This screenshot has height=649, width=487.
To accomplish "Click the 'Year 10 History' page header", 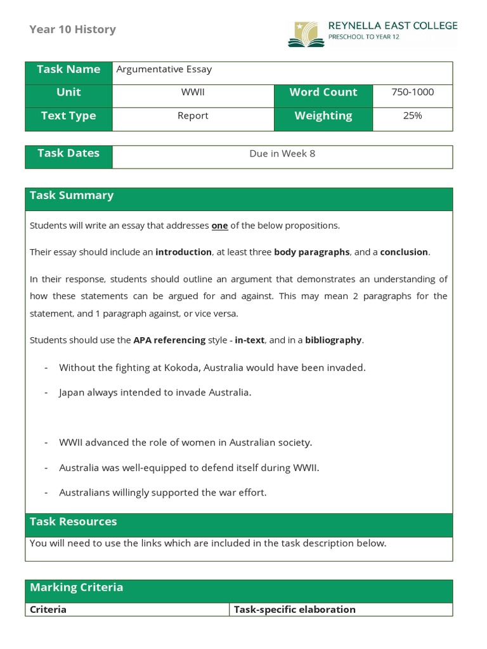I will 72,29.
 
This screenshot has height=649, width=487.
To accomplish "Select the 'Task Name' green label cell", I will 68,70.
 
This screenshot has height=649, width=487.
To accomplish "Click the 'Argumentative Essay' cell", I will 164,70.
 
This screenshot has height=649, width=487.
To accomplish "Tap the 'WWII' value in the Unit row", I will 193,93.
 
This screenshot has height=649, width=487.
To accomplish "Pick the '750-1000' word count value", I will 412,93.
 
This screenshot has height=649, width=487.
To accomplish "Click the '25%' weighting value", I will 412,116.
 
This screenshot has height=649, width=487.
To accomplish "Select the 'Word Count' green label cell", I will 323,93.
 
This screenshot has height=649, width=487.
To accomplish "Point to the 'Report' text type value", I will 193,116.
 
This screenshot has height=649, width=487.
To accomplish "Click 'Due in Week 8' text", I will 282,154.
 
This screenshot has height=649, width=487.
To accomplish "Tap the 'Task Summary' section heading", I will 72,196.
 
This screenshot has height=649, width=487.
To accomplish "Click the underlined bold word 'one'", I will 219,226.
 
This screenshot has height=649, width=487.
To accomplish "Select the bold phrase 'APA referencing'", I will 169,340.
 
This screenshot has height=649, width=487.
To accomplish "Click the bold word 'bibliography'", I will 334,340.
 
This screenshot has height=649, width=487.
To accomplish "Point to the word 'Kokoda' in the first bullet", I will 167,368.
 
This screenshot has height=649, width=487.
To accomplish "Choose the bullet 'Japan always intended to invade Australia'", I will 155,392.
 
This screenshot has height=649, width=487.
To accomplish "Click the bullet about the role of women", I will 185,443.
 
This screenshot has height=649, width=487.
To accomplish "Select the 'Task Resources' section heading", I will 74,522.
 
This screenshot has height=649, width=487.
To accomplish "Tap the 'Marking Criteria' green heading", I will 76,588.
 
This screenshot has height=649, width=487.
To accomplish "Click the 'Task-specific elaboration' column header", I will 294,610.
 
